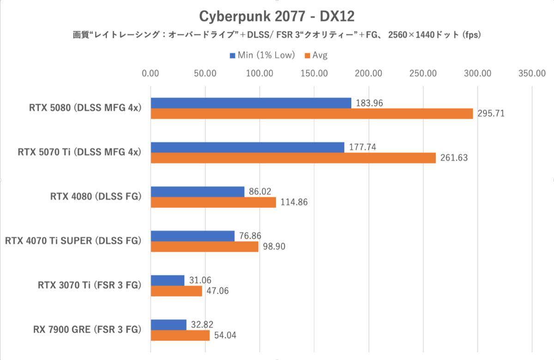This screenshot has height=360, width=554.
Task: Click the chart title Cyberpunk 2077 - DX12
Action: (x=277, y=16)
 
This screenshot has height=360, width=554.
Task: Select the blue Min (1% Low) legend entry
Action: (x=262, y=55)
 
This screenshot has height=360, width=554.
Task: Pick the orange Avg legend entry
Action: (x=316, y=55)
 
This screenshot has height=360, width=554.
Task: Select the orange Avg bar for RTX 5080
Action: (x=312, y=114)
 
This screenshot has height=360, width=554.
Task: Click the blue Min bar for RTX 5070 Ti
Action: (x=247, y=147)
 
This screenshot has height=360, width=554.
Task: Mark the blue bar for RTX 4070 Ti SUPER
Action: (x=193, y=236)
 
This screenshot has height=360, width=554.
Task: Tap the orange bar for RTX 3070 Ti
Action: (x=176, y=291)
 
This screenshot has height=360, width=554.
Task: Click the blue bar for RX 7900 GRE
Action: (x=169, y=324)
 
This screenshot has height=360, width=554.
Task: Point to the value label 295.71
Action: (x=490, y=114)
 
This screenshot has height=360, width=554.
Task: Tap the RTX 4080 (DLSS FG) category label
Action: (x=96, y=197)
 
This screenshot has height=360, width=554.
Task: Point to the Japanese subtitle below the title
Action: (x=277, y=36)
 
